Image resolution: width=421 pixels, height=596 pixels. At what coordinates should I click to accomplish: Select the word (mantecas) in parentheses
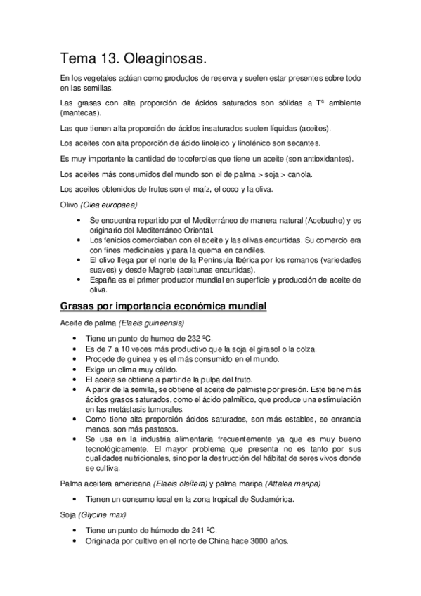pos(81,113)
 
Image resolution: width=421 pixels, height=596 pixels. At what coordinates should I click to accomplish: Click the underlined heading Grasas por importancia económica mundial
pos(163,306)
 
